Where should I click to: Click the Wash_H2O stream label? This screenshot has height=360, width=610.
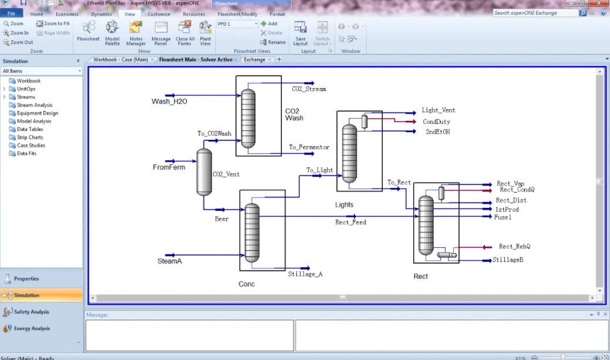(169, 102)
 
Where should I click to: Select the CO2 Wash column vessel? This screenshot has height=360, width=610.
(248, 118)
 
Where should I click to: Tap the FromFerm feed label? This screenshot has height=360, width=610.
(169, 167)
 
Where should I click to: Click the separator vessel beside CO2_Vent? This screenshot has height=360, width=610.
(204, 172)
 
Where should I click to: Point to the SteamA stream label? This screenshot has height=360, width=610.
(170, 261)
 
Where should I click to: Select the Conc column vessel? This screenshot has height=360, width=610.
(252, 233)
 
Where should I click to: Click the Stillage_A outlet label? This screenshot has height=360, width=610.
(305, 274)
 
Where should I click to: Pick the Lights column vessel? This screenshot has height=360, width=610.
(349, 153)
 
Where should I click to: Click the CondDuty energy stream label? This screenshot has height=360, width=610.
(436, 122)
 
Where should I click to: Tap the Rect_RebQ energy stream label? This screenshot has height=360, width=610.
(515, 246)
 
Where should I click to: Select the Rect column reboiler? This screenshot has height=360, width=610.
(447, 255)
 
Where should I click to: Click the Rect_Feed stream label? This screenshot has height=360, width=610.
(351, 222)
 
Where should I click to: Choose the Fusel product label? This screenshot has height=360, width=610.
(503, 217)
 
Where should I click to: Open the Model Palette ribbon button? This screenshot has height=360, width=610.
(112, 33)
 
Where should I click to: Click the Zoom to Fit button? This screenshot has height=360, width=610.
(53, 23)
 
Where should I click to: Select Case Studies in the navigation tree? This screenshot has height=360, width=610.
(31, 145)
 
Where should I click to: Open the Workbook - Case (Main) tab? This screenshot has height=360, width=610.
(120, 59)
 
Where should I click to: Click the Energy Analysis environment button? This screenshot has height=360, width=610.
(32, 328)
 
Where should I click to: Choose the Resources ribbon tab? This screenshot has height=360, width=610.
(194, 14)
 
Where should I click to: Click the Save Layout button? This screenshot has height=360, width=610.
(301, 33)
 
